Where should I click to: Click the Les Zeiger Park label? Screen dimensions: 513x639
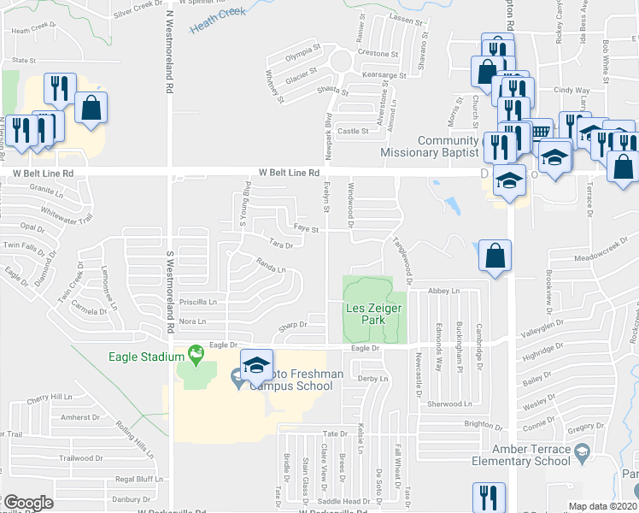click(374, 314)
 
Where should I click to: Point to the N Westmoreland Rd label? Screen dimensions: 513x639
click(171, 51)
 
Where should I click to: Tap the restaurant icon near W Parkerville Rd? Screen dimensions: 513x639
click(488, 496)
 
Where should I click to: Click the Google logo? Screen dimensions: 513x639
click(27, 503)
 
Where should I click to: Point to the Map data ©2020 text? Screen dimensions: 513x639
click(603, 506)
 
